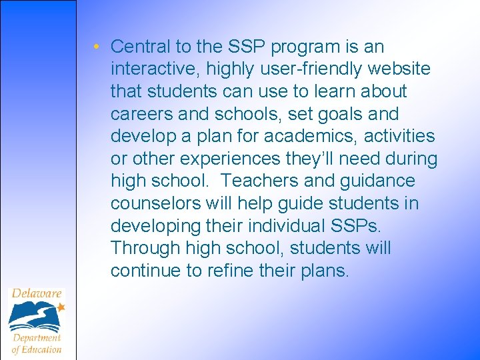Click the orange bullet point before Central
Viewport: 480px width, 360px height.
coord(97,47)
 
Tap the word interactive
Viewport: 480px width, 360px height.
coord(150,69)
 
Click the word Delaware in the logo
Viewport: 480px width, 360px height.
coord(37,293)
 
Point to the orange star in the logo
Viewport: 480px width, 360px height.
coord(61,307)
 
